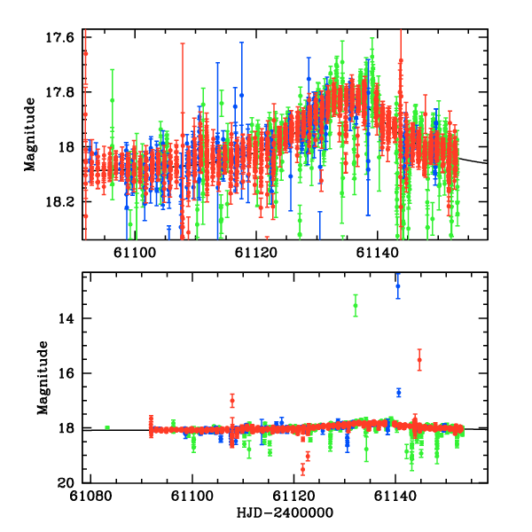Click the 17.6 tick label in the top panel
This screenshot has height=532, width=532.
[62, 37]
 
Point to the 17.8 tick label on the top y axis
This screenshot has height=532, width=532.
[62, 92]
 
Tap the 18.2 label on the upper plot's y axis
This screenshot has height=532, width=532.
[62, 202]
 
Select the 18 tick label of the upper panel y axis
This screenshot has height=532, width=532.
[69, 147]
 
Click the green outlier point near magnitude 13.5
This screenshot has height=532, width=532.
[356, 306]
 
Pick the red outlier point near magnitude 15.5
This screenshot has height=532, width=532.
[419, 359]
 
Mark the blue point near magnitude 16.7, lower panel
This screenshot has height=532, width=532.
[399, 392]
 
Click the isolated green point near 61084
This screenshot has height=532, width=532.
[107, 427]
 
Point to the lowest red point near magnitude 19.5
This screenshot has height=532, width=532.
[302, 469]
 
